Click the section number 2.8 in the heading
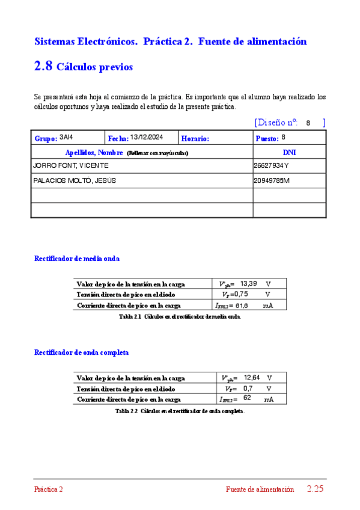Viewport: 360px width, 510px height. click(x=43, y=67)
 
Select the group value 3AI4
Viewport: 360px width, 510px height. click(x=66, y=137)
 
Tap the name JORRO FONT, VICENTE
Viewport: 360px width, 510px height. click(x=71, y=165)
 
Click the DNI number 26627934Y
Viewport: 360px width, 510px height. click(x=271, y=165)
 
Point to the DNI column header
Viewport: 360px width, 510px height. click(x=289, y=152)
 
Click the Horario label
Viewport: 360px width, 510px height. click(x=195, y=138)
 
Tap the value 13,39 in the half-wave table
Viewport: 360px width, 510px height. click(x=248, y=283)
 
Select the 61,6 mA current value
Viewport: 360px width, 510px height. click(x=243, y=306)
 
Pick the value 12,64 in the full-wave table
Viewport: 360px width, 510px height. click(x=252, y=377)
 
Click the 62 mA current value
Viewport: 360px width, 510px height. click(x=247, y=398)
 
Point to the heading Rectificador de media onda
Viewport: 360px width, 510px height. click(x=77, y=258)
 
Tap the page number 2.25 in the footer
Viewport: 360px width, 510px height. click(x=315, y=489)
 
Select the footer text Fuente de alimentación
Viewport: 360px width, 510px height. click(x=260, y=490)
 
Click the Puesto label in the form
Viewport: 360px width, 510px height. click(x=267, y=138)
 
